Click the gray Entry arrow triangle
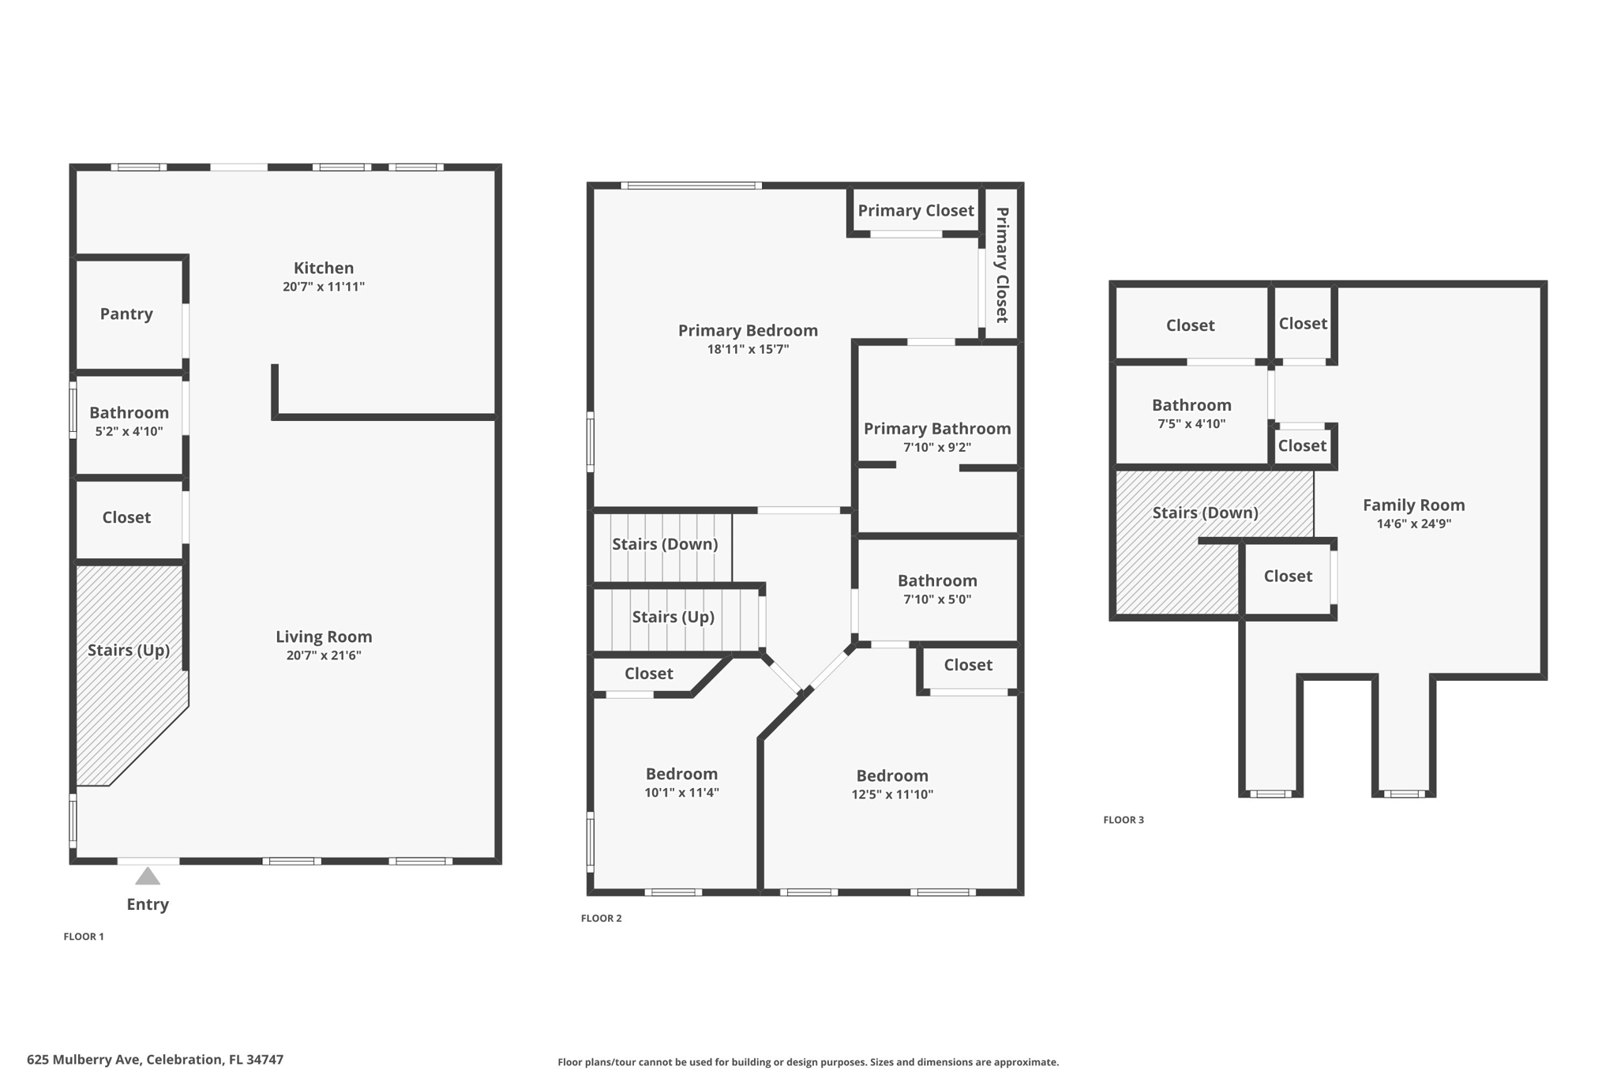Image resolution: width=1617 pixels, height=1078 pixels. pyautogui.click(x=148, y=877)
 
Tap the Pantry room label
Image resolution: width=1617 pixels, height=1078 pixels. pyautogui.click(x=126, y=314)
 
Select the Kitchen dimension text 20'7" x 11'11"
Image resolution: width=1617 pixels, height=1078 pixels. pyautogui.click(x=324, y=287)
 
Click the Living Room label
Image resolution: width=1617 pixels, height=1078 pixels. pyautogui.click(x=324, y=637)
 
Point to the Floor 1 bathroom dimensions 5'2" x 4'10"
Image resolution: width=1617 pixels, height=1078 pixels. pyautogui.click(x=129, y=431)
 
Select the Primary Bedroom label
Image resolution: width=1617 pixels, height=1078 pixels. pyautogui.click(x=748, y=330)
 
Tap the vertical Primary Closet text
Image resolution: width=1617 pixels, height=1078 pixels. pyautogui.click(x=1002, y=265)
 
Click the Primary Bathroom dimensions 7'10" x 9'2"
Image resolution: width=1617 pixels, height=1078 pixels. pyautogui.click(x=937, y=447)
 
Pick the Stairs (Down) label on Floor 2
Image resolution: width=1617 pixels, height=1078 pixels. pyautogui.click(x=665, y=544)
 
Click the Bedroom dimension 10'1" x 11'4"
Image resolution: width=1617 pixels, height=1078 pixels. pyautogui.click(x=681, y=793)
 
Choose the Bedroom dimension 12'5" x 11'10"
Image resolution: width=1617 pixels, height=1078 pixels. pyautogui.click(x=892, y=794)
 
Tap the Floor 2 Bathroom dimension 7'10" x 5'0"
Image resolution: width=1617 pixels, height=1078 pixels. pyautogui.click(x=937, y=599)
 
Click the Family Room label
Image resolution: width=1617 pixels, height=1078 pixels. pyautogui.click(x=1413, y=505)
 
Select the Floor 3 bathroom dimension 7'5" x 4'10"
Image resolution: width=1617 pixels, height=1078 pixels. pyautogui.click(x=1191, y=424)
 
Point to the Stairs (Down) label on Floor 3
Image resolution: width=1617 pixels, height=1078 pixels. pyautogui.click(x=1205, y=513)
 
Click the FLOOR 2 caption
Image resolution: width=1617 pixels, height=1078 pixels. pyautogui.click(x=601, y=918)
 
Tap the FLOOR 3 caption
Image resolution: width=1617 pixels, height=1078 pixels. pyautogui.click(x=1123, y=820)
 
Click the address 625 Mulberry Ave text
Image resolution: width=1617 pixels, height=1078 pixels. pyautogui.click(x=155, y=1060)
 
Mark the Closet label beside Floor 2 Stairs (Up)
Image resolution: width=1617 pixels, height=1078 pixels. pyautogui.click(x=648, y=674)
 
